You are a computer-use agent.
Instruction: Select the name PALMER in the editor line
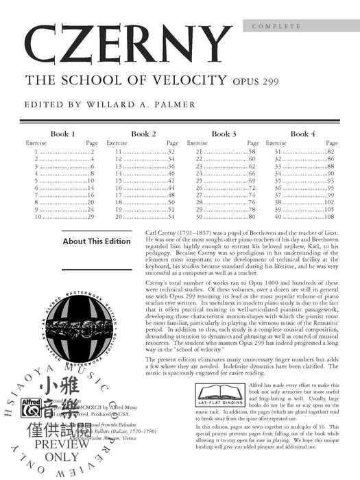[x=154, y=106]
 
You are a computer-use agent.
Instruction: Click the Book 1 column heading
[x=62, y=134]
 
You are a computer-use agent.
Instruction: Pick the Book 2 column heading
[x=143, y=134]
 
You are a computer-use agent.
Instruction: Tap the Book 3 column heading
[x=224, y=134]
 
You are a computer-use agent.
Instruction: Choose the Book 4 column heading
[x=303, y=134]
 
